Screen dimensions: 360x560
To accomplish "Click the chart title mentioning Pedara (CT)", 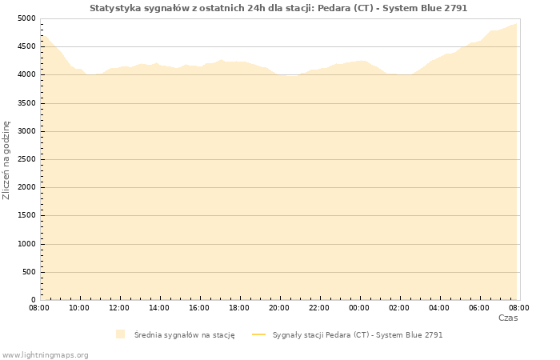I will click(278, 8).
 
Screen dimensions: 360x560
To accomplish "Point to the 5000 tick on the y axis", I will click(26, 18).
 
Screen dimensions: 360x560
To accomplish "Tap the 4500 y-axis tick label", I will click(26, 46).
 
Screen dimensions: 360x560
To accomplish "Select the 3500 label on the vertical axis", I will click(26, 103).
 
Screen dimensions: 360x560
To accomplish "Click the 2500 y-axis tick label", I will click(26, 159).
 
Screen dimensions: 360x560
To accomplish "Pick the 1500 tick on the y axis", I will click(26, 216).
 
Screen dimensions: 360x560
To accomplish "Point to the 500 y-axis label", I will click(29, 272).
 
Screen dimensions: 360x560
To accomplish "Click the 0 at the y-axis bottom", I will click(34, 300).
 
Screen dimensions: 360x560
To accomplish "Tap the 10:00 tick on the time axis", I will click(79, 307).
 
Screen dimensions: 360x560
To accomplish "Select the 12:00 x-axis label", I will click(119, 307).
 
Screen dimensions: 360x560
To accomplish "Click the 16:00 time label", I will click(199, 307).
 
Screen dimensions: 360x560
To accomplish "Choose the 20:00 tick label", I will click(279, 307).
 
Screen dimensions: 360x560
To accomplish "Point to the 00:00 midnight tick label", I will click(359, 307).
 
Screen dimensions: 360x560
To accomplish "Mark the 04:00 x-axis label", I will click(439, 307).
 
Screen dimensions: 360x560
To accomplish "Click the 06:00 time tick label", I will click(479, 307).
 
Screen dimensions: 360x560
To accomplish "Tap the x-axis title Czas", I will click(508, 318).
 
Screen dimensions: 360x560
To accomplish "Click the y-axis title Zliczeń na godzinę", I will click(6, 160).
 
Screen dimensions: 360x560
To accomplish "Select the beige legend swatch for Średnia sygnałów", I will click(120, 334).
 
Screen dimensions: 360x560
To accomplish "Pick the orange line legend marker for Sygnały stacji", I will click(258, 334).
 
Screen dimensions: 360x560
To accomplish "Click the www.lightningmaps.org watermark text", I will click(46, 354).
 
